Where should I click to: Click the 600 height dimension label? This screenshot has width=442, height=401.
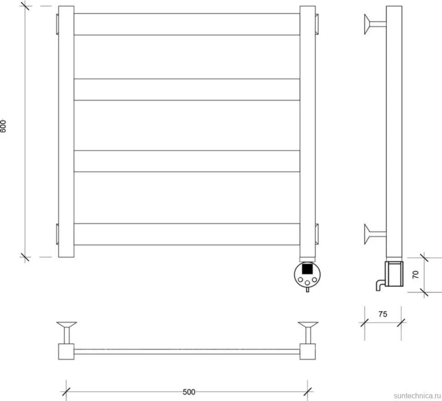tap(3, 126)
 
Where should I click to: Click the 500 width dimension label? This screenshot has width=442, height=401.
tap(189, 392)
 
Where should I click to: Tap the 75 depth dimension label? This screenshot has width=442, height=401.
tap(382, 314)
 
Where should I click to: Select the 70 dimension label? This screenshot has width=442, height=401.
tap(416, 274)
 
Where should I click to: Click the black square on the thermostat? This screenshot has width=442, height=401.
tap(307, 268)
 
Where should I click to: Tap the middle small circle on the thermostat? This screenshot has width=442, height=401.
tap(307, 283)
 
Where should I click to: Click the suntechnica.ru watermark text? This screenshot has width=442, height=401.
tap(417, 396)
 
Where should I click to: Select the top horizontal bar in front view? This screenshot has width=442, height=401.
tap(187, 24)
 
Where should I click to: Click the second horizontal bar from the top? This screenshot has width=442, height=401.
tap(187, 90)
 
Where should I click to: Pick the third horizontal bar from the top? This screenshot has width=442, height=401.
tap(187, 161)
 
